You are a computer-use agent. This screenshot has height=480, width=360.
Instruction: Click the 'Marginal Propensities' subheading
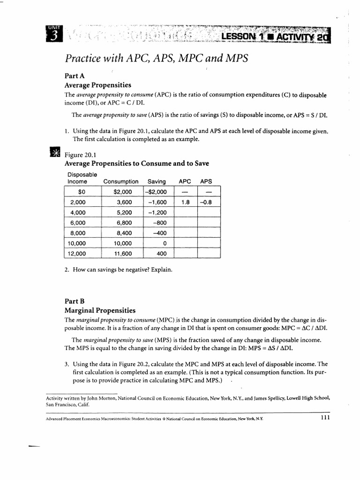tap(99, 310)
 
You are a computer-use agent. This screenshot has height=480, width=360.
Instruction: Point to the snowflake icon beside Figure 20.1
tap(54, 153)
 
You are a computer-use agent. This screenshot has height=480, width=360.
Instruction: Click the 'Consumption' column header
tap(120, 181)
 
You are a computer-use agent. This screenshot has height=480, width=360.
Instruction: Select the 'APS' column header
tap(206, 181)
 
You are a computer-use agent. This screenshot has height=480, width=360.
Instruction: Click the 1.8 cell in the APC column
tap(185, 202)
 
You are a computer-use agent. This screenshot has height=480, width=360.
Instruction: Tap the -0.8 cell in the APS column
tap(206, 202)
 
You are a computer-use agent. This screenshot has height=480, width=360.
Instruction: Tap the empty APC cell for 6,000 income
tap(185, 223)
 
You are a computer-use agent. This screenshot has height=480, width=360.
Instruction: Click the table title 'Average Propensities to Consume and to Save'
tap(136, 164)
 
